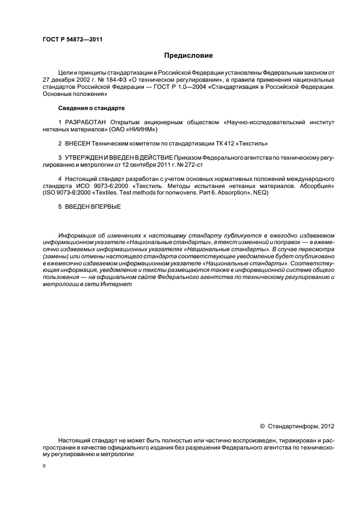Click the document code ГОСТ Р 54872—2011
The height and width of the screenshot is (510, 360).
tap(72, 39)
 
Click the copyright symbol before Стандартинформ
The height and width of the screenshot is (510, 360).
tap(263, 426)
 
